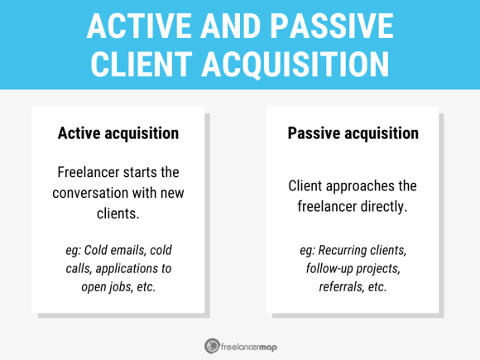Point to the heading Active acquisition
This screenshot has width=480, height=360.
tap(118, 133)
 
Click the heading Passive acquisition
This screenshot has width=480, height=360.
tap(353, 133)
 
